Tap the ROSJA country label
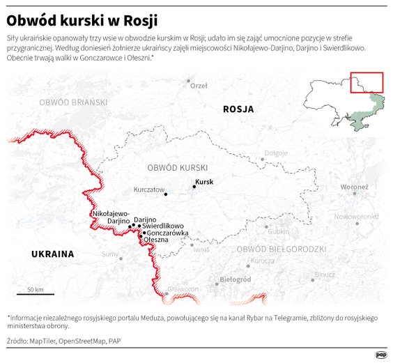(238, 109)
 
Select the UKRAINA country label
(52, 254)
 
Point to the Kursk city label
(203, 182)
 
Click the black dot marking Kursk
(194, 187)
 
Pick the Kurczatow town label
(148, 190)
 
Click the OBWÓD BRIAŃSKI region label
(73, 102)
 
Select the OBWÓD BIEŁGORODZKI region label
(281, 249)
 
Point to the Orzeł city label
(199, 86)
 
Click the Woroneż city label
(353, 187)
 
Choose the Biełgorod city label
(235, 279)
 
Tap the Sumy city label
(109, 254)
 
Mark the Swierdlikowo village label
(162, 226)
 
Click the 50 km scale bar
(36, 294)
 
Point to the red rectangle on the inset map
(366, 82)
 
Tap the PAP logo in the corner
(381, 354)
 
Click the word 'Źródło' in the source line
(17, 341)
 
